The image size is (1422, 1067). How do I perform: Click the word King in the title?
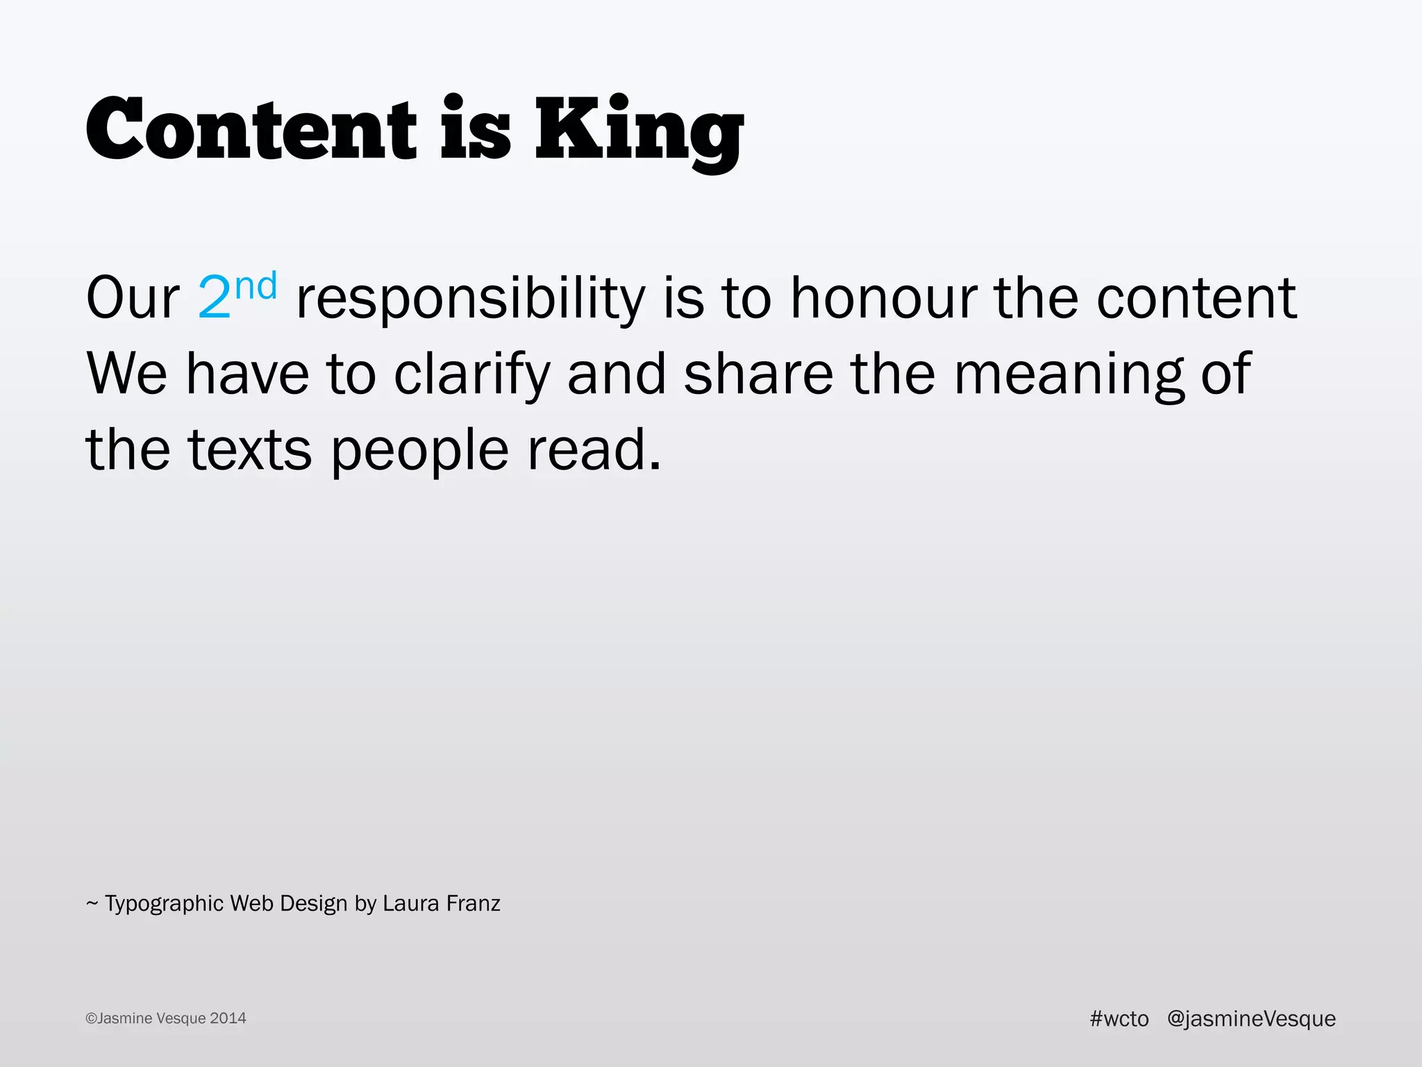coord(639,129)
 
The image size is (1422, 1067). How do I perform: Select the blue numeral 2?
coord(214,298)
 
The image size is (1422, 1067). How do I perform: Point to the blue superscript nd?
coord(256,286)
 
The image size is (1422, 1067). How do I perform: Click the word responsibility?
coord(471,298)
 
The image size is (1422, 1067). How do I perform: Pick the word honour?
coord(883,298)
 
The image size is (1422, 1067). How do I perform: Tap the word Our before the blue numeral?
coord(133,298)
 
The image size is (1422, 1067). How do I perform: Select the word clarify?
coord(471,374)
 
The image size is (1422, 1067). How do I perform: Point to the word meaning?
coord(1069,374)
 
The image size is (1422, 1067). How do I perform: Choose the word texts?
coord(249,450)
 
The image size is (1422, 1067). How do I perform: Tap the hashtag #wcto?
coord(1119,1018)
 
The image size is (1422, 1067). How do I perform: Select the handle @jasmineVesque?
coord(1251,1018)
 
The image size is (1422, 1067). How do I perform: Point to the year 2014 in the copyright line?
coord(228,1018)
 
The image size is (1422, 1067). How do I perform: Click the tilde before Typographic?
coord(92,904)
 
